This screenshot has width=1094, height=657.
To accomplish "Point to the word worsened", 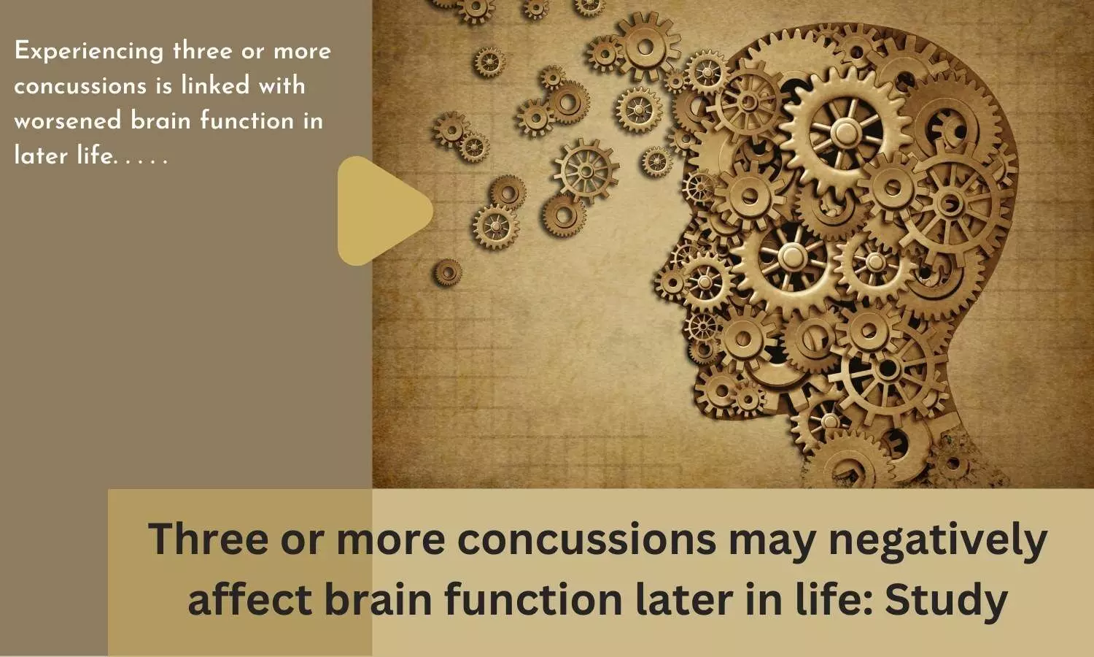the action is coord(67,120).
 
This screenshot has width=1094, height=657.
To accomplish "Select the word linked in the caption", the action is coord(215,85).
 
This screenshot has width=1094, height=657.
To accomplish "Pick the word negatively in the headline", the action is coord(938,539).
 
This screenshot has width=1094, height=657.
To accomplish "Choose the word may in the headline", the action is coord(772,542).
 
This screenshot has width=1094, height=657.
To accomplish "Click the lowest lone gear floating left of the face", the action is coord(446,272).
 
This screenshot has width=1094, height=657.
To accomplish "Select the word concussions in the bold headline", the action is coord(587,539).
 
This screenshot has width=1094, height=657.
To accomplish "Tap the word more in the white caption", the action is coord(303,52).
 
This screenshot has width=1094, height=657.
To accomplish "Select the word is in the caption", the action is coord(164,85).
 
